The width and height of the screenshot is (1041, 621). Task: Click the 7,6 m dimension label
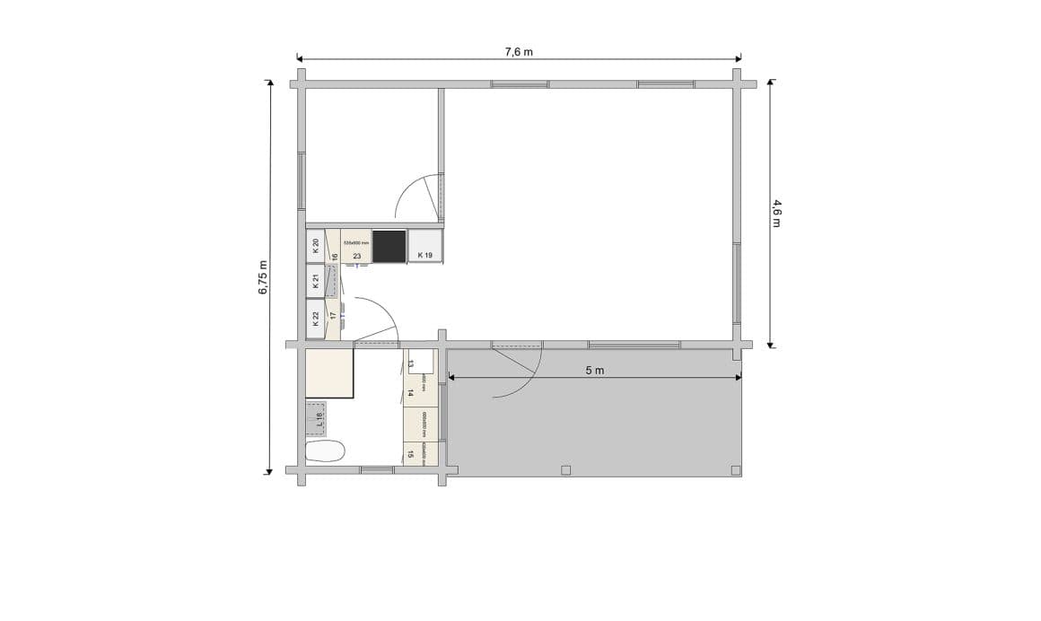(519, 51)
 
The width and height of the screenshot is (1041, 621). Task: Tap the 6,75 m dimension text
(263, 277)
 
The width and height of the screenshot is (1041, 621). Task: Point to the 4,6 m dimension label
(776, 213)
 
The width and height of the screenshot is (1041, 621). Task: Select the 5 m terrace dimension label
(594, 371)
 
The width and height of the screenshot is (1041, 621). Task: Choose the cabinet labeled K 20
(316, 247)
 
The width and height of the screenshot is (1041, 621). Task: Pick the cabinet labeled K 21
(316, 282)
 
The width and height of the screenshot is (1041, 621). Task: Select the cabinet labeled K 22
(316, 318)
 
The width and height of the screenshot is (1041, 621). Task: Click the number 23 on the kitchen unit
(356, 256)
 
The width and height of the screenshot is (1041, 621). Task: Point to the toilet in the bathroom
(325, 450)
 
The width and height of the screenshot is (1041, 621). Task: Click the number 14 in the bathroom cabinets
(411, 391)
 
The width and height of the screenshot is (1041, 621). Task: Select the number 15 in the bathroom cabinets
(411, 454)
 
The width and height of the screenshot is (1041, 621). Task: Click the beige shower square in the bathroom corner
(329, 373)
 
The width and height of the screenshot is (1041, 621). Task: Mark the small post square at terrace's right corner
(736, 469)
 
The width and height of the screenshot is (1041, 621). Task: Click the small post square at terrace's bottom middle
(565, 469)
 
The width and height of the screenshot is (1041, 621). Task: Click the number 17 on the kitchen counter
(333, 316)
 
